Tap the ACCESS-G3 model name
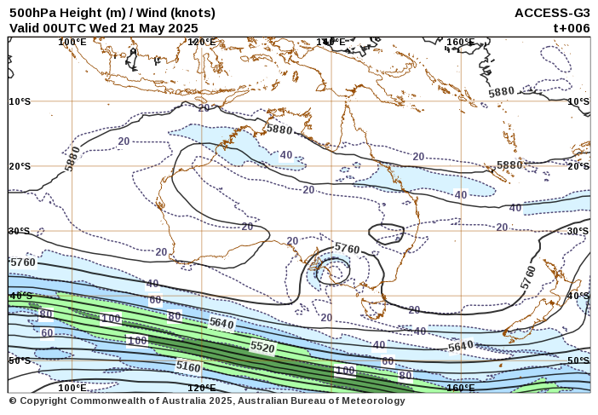point(552,13)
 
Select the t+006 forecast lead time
point(572,27)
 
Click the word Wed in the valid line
point(103,27)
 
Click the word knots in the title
point(188,13)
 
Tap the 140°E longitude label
point(331,42)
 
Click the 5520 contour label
point(262,348)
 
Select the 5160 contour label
point(188,366)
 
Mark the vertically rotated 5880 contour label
point(72,159)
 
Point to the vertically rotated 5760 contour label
point(529,277)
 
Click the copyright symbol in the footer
point(13,401)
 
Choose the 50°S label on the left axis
point(20,361)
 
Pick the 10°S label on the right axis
point(578,101)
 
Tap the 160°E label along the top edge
point(460,42)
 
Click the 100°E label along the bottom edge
point(72,388)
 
